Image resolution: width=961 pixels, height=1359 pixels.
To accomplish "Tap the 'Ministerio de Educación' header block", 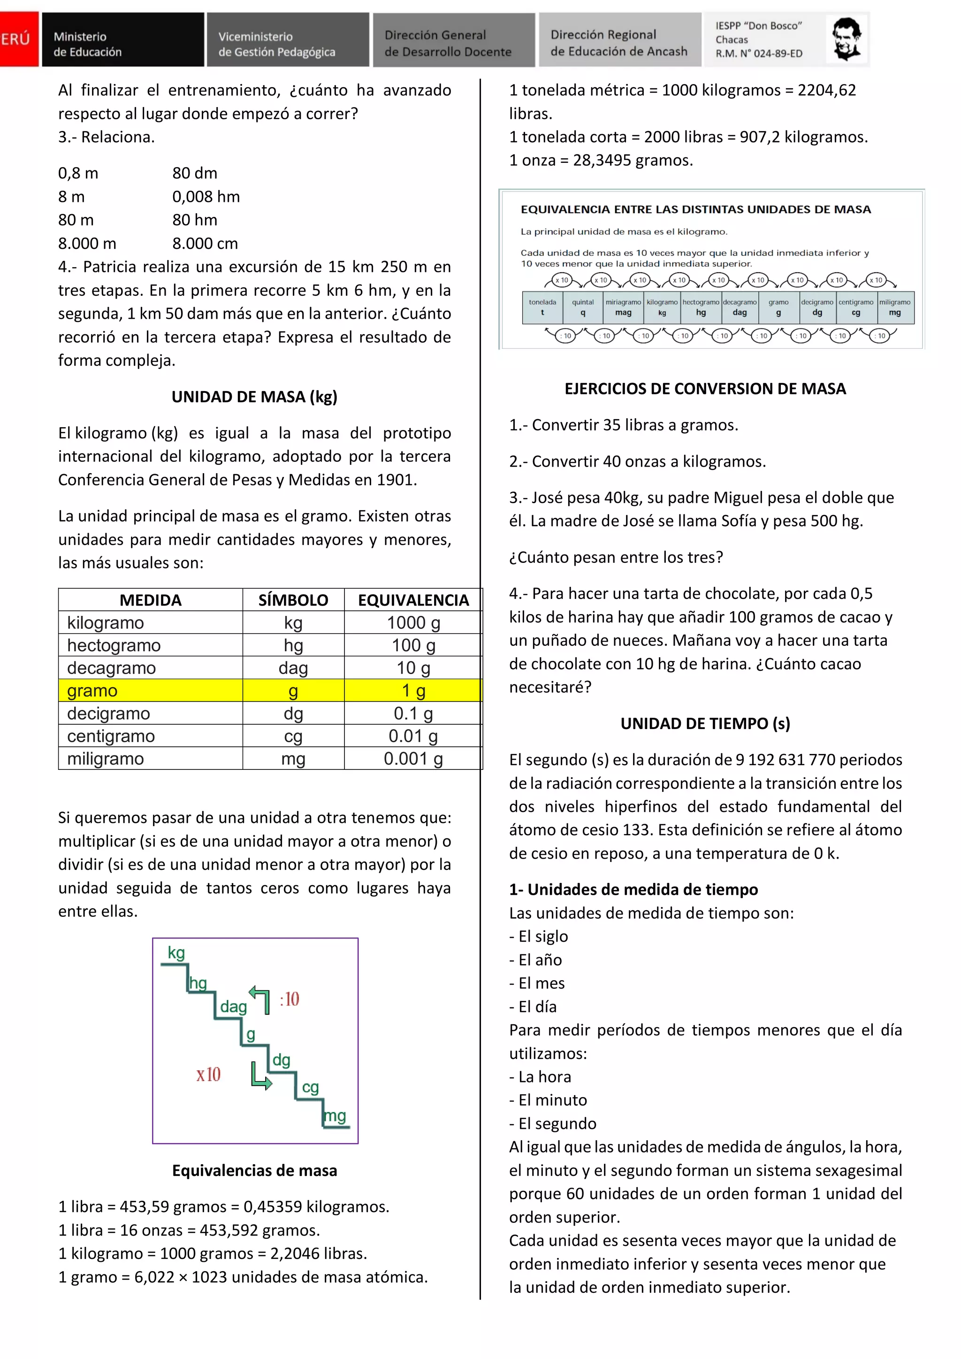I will pyautogui.click(x=122, y=39).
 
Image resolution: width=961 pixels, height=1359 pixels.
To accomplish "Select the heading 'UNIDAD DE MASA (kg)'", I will pyautogui.click(x=254, y=397).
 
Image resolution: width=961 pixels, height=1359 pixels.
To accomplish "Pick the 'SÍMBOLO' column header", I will pyautogui.click(x=293, y=600).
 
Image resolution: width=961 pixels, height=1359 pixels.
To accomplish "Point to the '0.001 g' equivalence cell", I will pyautogui.click(x=413, y=759).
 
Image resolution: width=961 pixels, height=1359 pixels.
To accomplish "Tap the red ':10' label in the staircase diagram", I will pyautogui.click(x=290, y=999).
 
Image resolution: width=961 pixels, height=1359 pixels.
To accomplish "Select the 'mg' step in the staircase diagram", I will pyautogui.click(x=335, y=1116).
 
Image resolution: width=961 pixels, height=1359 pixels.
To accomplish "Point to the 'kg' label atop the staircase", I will pyautogui.click(x=176, y=952).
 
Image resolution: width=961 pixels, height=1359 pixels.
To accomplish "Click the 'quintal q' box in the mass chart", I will pyautogui.click(x=583, y=307).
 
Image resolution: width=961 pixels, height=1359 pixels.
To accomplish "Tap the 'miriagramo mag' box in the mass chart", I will pyautogui.click(x=623, y=307).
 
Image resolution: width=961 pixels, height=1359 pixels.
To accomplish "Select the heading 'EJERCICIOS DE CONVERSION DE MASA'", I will pyautogui.click(x=705, y=389).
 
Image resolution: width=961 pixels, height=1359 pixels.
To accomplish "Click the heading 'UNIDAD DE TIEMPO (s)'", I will pyautogui.click(x=705, y=723).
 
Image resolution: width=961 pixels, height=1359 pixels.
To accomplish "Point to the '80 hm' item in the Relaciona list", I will pyautogui.click(x=195, y=220).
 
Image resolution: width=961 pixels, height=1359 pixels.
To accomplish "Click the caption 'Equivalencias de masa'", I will pyautogui.click(x=254, y=1170).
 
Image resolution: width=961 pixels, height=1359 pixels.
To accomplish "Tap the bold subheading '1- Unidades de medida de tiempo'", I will pyautogui.click(x=633, y=890).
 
